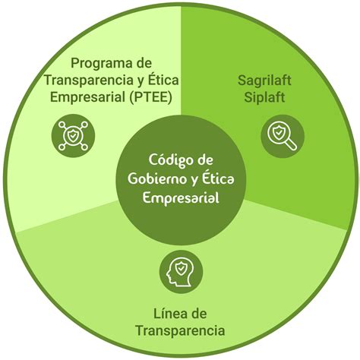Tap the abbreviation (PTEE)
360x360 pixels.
click(150, 97)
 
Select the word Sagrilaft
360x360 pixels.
click(264, 81)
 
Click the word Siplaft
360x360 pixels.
click(264, 97)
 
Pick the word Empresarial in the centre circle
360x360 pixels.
click(181, 197)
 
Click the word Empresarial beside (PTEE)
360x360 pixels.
click(87, 97)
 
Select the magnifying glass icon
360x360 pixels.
click(283, 136)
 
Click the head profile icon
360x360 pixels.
click(180, 272)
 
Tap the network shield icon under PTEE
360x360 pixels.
click(73, 136)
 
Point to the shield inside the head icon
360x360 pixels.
click(181, 268)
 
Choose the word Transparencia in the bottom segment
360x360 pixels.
click(180, 331)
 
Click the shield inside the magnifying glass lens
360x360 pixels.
click(279, 132)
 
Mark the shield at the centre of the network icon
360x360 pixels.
click(73, 136)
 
